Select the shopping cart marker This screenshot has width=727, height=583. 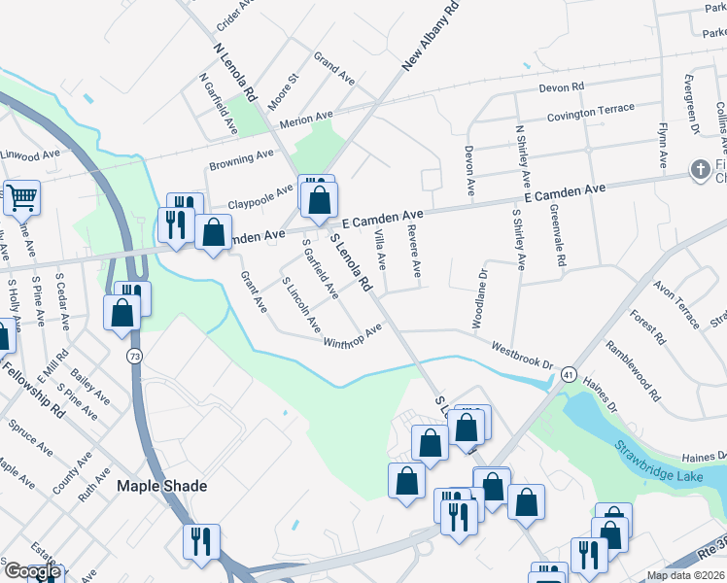click(x=21, y=198)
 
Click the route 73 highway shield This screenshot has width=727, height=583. click(x=135, y=357)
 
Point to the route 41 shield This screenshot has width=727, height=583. click(x=569, y=373)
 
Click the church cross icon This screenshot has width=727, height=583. click(x=699, y=170)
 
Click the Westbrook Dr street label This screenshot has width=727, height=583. click(x=522, y=359)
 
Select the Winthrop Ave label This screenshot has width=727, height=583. click(x=353, y=337)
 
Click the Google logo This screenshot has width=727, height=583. click(x=31, y=571)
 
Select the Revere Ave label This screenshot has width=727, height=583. click(x=415, y=250)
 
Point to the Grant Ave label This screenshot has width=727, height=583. click(x=254, y=291)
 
